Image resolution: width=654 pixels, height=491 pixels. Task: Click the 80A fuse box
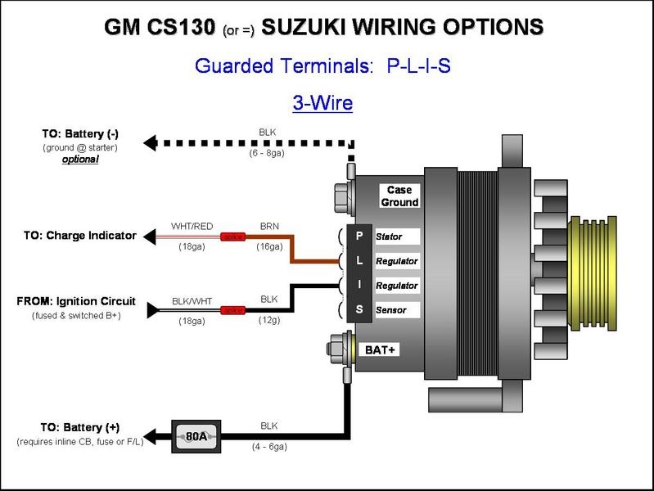pos(196,436)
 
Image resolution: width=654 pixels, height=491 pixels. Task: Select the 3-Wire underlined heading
pos(322,103)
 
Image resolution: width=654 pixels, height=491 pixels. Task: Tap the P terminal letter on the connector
pos(359,236)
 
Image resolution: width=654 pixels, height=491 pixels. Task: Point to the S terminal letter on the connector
pos(359,310)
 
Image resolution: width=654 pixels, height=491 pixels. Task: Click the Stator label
pos(390,236)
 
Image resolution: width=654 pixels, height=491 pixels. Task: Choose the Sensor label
pos(390,310)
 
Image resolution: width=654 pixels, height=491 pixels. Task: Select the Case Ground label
pos(399,196)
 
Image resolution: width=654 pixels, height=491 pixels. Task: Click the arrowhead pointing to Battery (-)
pos(150,142)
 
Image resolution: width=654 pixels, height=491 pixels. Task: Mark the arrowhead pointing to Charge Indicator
pos(150,236)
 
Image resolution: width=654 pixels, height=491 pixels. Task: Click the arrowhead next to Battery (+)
pos(150,435)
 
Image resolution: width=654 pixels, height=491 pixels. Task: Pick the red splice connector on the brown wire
pos(236,236)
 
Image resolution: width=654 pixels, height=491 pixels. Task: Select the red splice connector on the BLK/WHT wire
pos(236,310)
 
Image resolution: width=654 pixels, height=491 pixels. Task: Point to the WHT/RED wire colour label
pos(192,226)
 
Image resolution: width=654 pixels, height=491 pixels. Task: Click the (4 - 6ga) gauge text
pos(268,447)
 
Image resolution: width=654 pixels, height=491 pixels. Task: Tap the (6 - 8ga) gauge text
pos(267,153)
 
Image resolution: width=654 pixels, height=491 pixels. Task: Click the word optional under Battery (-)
pos(80,160)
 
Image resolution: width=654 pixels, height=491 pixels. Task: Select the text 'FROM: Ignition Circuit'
pos(76,301)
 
